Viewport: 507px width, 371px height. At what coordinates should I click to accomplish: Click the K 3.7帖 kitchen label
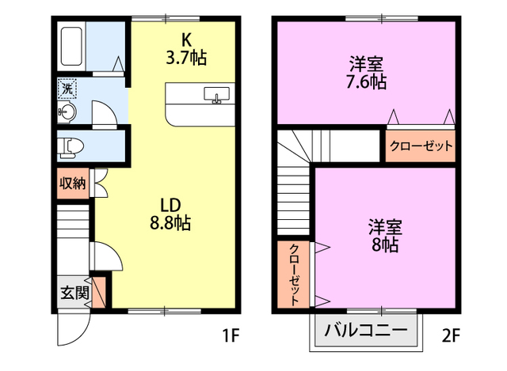(186, 48)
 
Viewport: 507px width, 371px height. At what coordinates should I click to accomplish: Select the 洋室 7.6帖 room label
(366, 70)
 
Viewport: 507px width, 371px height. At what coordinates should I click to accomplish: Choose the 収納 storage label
(72, 184)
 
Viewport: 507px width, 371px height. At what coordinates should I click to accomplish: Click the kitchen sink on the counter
(215, 96)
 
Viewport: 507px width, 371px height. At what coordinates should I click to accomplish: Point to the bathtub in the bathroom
(71, 47)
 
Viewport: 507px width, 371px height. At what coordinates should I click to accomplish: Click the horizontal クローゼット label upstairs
(421, 146)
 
